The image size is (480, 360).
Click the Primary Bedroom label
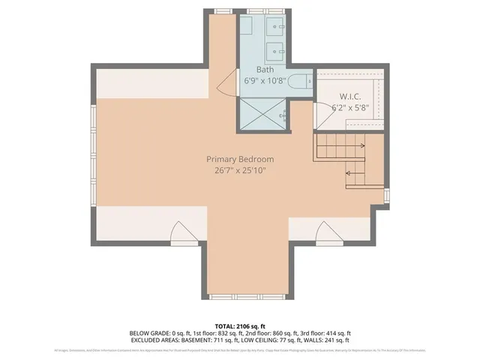(240, 159)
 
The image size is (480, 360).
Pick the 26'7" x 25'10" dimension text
(240, 170)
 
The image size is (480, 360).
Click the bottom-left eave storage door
(183, 234)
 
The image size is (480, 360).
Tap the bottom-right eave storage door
(327, 234)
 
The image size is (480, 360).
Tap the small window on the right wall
(386, 195)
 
